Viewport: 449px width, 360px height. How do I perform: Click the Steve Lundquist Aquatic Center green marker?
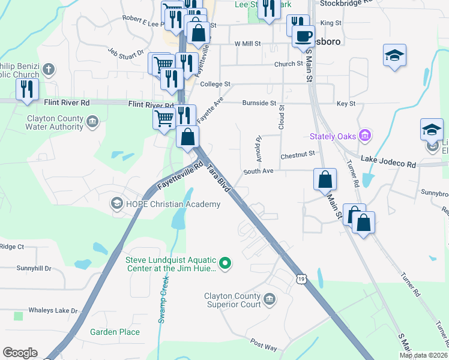click(x=226, y=263)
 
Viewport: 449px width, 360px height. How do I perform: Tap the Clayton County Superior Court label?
click(x=233, y=300)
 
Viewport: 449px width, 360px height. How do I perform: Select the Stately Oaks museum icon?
click(x=364, y=136)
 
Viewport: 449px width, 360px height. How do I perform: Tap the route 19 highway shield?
click(x=301, y=278)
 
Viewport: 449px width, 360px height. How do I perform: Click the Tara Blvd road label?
click(x=218, y=180)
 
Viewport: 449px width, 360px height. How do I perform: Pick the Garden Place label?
click(x=115, y=332)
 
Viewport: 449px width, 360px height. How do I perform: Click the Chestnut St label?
click(x=298, y=154)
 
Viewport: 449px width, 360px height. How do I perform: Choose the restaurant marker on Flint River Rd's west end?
click(x=27, y=89)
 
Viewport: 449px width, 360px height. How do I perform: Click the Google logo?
click(x=20, y=353)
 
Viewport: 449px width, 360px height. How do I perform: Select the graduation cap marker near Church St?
click(x=394, y=56)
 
